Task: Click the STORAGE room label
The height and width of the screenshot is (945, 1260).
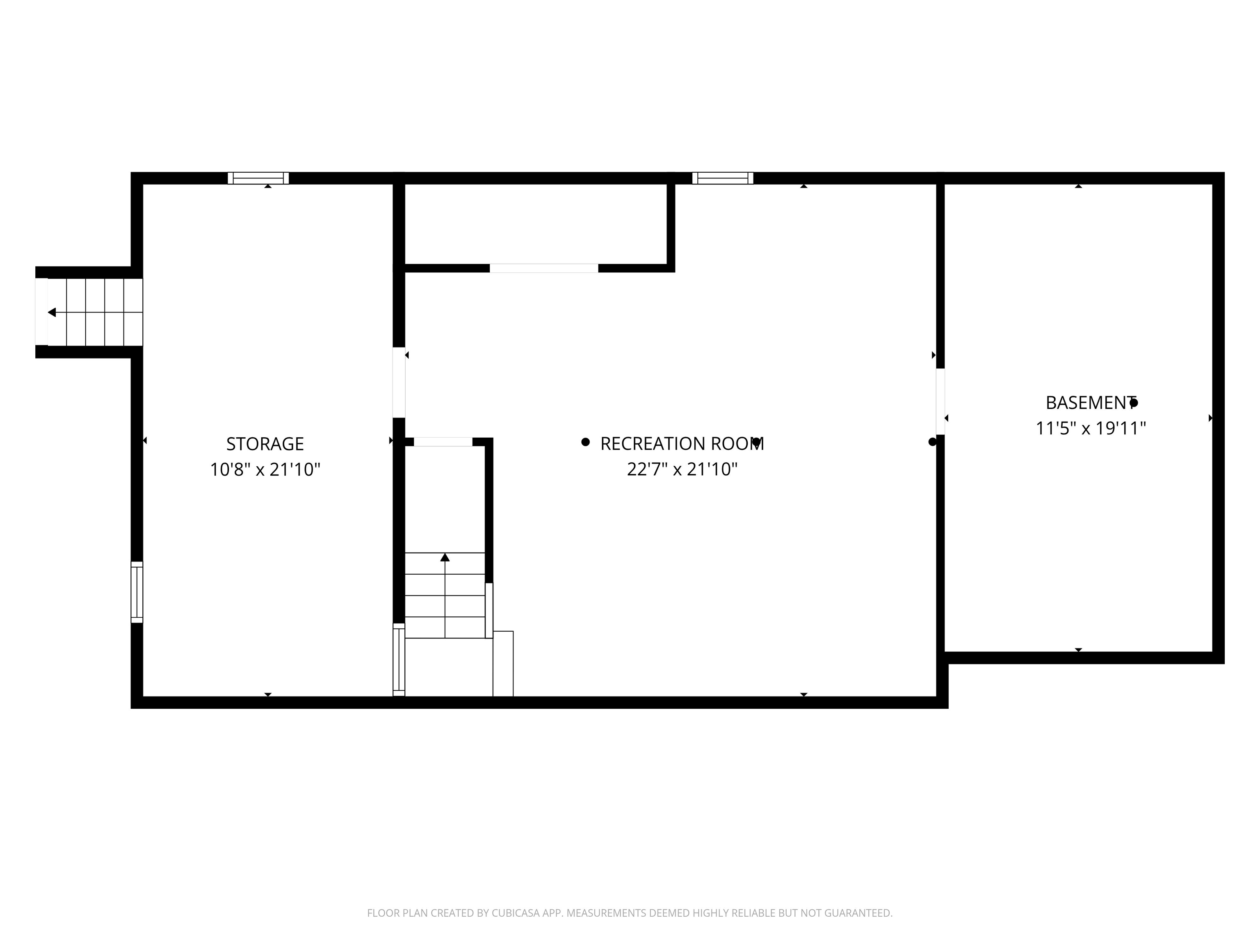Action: click(265, 444)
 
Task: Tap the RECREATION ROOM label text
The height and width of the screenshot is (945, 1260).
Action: click(682, 444)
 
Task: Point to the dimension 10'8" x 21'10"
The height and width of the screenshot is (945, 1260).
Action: click(265, 469)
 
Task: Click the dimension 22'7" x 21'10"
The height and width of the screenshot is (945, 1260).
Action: click(682, 469)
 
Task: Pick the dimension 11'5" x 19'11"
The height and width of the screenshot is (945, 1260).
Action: click(1090, 428)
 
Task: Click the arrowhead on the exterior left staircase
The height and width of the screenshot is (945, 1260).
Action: click(52, 312)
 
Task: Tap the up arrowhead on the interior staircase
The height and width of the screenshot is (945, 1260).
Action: click(445, 557)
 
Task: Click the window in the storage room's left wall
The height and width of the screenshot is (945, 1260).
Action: click(137, 592)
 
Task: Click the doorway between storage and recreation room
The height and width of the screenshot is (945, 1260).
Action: click(399, 382)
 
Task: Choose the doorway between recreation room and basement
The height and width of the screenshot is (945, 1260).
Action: click(940, 402)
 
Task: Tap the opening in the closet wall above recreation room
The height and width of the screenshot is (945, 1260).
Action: click(544, 268)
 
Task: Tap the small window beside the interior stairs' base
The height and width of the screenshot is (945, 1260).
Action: click(399, 660)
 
